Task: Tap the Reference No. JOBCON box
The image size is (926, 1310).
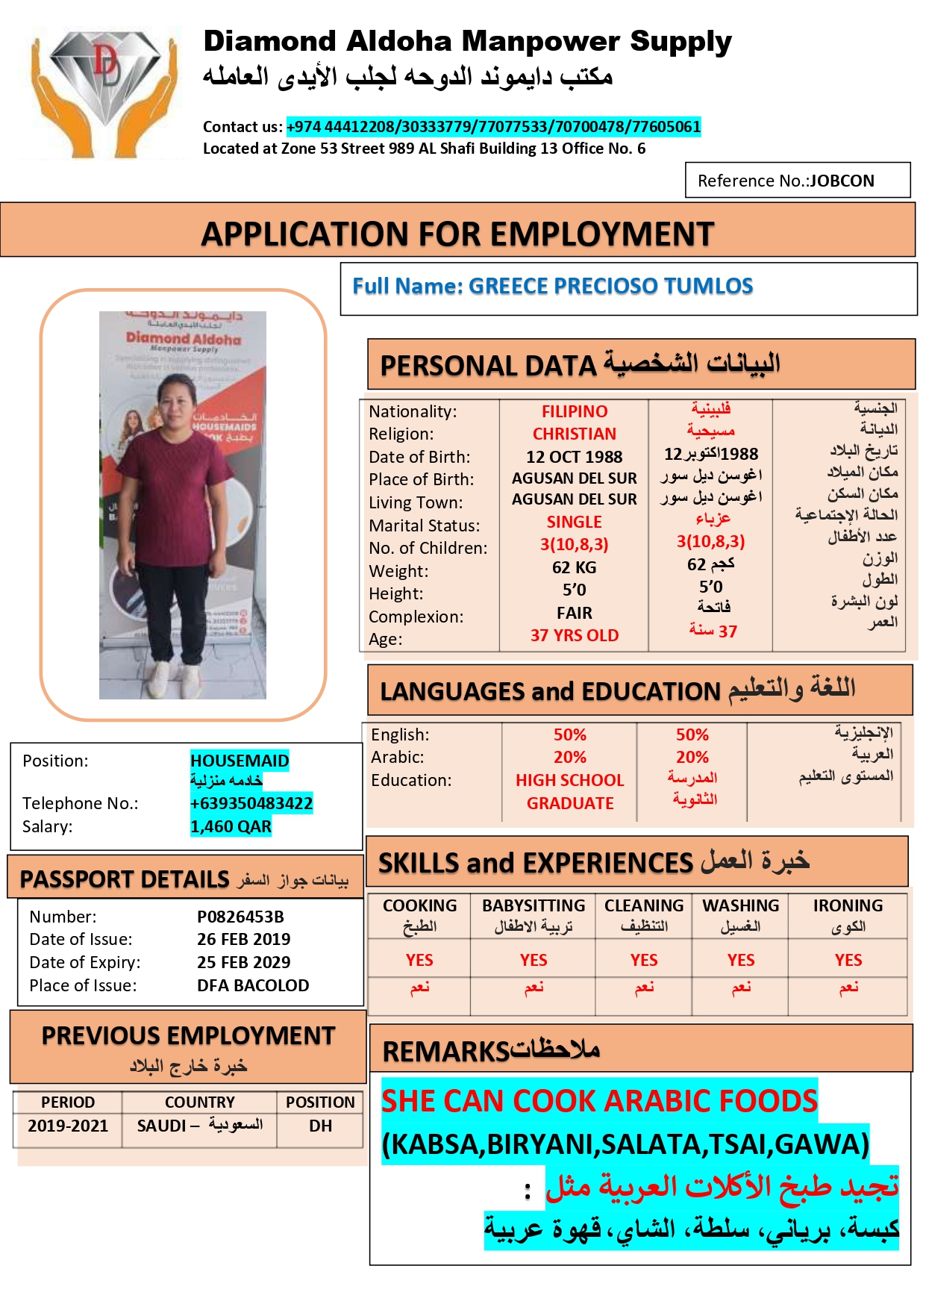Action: coord(797,181)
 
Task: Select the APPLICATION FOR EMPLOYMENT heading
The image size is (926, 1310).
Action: coord(457,234)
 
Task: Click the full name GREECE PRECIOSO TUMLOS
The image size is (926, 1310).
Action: coord(552,286)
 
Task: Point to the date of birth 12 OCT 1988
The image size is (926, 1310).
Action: coord(574,457)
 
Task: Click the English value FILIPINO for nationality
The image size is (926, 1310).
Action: coord(574,411)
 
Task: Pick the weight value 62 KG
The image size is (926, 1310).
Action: coord(574,567)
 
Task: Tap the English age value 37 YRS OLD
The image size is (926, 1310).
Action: coord(574,635)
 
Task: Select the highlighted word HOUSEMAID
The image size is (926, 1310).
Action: coord(240,761)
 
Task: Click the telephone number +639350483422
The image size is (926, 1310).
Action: coord(251,803)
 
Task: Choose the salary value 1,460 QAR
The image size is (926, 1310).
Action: coord(231,826)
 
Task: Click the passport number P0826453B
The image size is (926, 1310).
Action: coord(240,917)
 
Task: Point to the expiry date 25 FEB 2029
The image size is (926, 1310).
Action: coord(243,962)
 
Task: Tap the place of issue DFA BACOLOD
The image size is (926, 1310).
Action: coord(253,985)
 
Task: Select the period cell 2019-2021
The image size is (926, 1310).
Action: coord(68,1126)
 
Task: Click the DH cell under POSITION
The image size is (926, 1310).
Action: coord(320,1126)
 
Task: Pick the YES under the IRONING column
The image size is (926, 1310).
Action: coord(848,960)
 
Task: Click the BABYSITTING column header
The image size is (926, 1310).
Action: coord(534,905)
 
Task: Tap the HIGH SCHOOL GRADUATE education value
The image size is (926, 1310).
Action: coord(569,791)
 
